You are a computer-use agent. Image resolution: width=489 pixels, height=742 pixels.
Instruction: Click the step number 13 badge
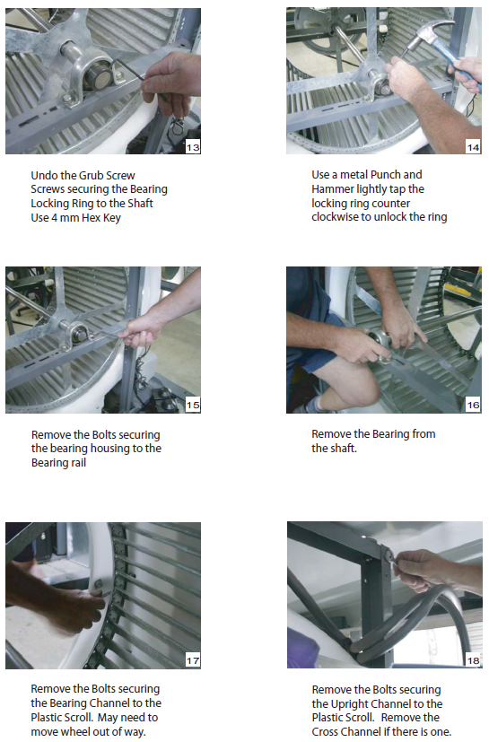coord(193,147)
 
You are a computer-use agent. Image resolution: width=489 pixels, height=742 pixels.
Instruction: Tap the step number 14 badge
coord(474,147)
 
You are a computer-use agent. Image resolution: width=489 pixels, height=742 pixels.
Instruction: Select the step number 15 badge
coord(193,405)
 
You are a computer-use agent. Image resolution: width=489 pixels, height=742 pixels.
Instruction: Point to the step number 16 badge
coord(474,405)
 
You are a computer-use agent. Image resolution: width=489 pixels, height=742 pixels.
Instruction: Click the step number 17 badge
coord(193,660)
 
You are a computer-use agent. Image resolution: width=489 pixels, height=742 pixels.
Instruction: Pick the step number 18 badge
coord(474,660)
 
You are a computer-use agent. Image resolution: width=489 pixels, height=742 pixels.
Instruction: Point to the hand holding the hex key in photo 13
coord(171,82)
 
